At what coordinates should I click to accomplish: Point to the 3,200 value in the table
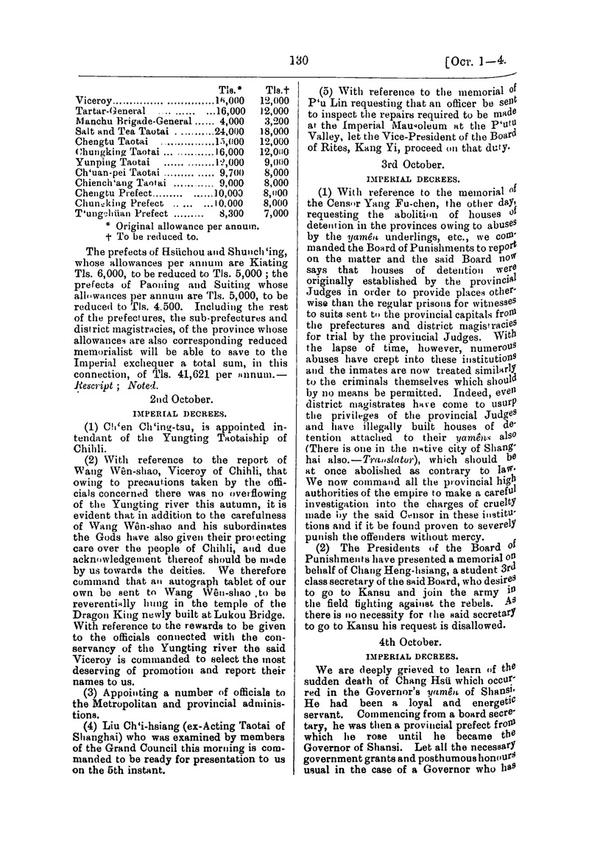click(276, 120)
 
